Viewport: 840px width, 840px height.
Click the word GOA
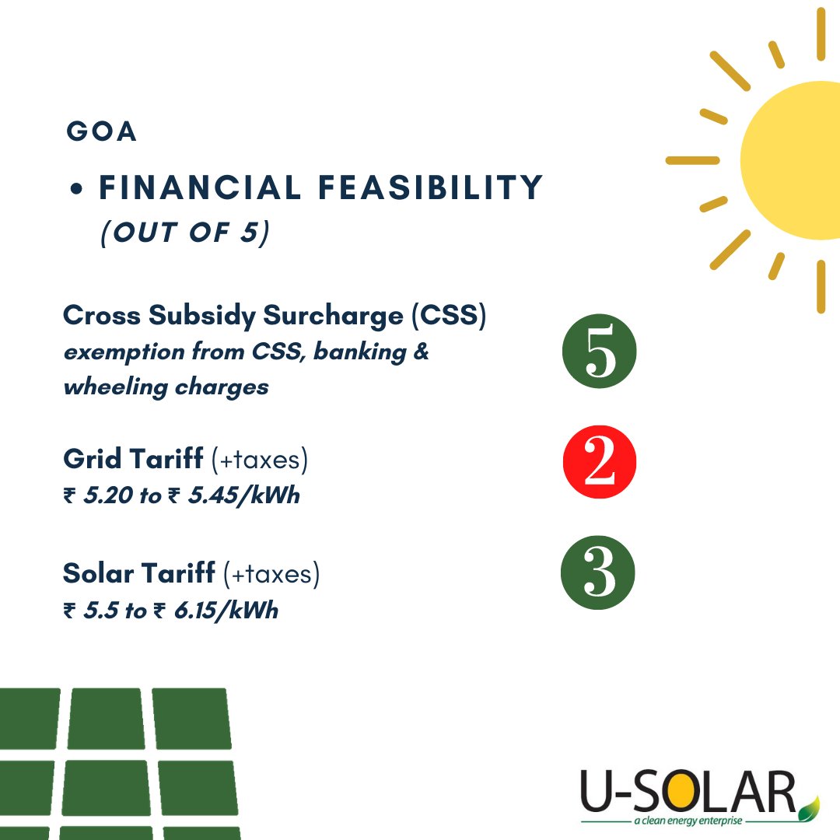102,131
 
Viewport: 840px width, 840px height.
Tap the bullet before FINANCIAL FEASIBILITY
76,189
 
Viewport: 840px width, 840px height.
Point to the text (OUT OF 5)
184,233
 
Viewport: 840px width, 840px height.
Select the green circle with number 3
598,573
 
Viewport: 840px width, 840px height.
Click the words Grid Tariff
134,460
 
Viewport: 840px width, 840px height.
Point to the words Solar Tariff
139,573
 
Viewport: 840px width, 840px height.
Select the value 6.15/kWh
226,610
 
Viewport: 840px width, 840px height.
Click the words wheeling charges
166,387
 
